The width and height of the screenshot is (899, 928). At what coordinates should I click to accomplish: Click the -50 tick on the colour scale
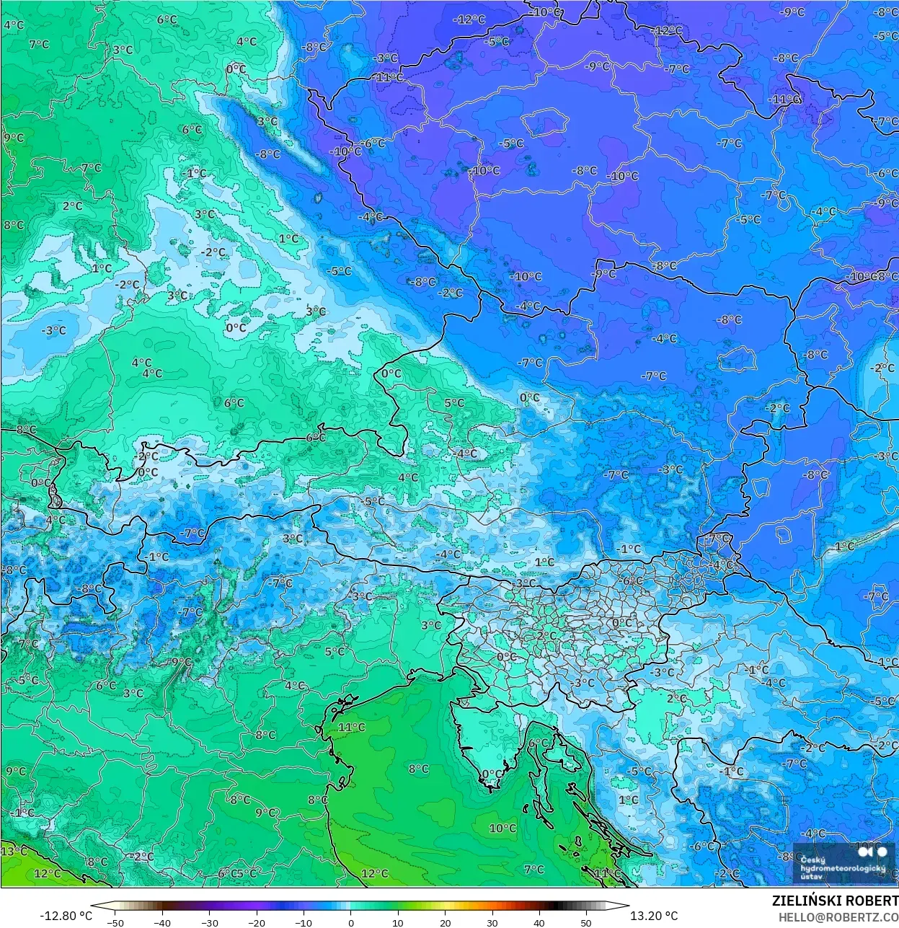point(115,922)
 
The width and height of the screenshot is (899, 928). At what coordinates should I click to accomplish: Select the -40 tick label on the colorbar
point(162,922)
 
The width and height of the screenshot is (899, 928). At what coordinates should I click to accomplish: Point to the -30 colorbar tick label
point(209,922)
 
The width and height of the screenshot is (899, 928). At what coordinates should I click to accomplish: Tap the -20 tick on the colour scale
point(257,922)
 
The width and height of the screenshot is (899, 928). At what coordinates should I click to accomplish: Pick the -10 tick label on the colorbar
point(304,922)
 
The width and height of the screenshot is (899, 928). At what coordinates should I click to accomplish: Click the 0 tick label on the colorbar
point(351,922)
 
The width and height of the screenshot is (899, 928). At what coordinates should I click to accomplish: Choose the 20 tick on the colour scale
point(446,922)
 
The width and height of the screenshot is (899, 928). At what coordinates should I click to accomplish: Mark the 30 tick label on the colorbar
point(492,922)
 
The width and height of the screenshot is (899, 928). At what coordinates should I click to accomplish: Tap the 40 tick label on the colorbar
point(539,922)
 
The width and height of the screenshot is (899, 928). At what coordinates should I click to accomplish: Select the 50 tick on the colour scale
point(586,922)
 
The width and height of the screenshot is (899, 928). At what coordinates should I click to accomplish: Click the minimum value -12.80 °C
point(66,916)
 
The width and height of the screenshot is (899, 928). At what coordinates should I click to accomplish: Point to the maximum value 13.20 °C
point(654,916)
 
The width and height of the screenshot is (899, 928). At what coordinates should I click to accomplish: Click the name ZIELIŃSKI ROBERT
point(835,901)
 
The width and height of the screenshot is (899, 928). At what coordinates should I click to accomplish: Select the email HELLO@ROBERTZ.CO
point(838,916)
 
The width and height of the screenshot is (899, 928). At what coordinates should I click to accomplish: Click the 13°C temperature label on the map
point(13,851)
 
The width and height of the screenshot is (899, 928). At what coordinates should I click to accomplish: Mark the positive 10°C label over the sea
point(502,828)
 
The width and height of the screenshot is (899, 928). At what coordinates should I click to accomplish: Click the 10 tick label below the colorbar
point(398,922)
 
